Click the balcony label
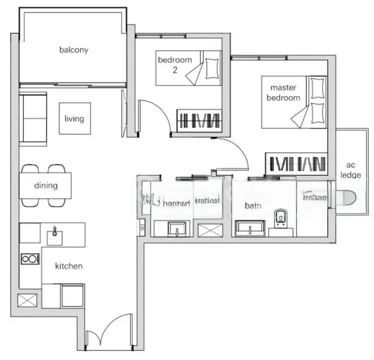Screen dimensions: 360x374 pos(74,50)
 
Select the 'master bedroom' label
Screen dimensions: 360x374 pos(283,93)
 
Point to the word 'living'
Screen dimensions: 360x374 pos(74,119)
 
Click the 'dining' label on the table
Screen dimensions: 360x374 pos(46,185)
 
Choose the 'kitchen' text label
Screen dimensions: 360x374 pos(69,266)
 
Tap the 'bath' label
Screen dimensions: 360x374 pos(253,206)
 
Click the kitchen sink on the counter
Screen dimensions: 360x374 pos(55,233)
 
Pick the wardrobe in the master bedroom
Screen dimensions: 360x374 pos(296,163)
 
